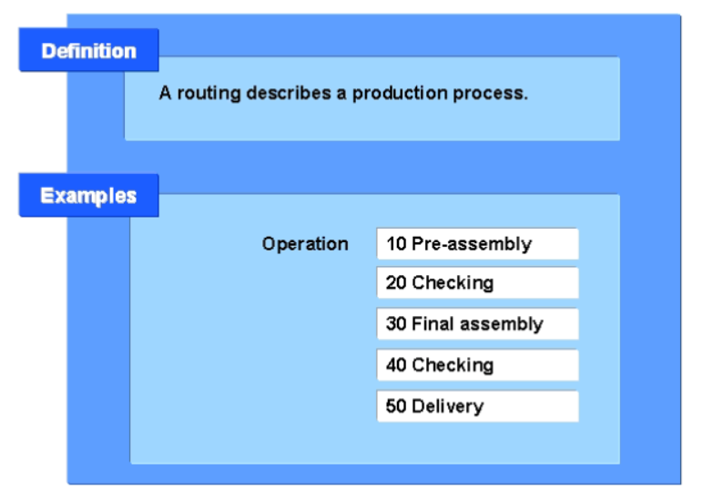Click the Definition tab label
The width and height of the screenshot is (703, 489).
point(88,51)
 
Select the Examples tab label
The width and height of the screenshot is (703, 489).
point(88,196)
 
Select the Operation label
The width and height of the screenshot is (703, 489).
point(305,244)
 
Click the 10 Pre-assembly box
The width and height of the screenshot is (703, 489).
point(477,244)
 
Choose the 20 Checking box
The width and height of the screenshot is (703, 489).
point(477,283)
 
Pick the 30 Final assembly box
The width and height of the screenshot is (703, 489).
point(477,324)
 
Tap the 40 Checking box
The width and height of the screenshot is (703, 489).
point(477,365)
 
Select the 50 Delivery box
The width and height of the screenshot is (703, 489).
point(477,406)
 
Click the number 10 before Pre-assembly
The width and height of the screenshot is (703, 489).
point(396,244)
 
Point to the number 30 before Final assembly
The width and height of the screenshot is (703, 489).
point(396,324)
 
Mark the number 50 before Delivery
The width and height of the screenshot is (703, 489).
point(396,406)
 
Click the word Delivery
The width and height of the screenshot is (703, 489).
point(447,406)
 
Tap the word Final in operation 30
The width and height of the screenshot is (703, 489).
point(433,324)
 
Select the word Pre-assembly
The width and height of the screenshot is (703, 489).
point(471,244)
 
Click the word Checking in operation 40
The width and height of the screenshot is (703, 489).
point(453,365)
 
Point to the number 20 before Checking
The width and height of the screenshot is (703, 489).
point(396,283)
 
